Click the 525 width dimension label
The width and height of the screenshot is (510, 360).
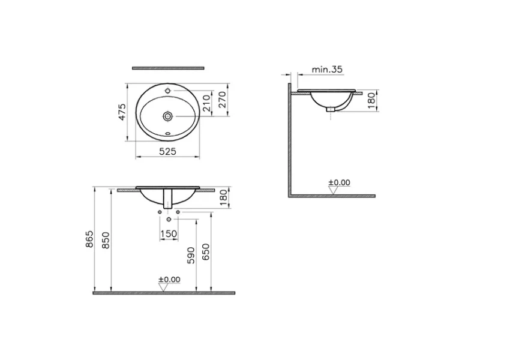point(167,152)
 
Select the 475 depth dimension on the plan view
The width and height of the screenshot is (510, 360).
point(122,112)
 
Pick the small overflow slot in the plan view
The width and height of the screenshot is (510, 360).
point(169,133)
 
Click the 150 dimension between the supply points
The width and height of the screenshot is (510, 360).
point(169,233)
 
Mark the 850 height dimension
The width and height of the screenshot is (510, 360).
point(106,240)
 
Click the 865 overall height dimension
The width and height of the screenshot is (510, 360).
point(90,240)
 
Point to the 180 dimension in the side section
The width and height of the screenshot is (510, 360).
point(371,100)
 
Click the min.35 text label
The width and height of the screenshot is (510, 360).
point(326,70)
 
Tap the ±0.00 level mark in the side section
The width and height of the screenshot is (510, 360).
point(339,183)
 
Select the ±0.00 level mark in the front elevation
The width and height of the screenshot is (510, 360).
point(169,280)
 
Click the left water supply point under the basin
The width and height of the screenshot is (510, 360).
point(160,212)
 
